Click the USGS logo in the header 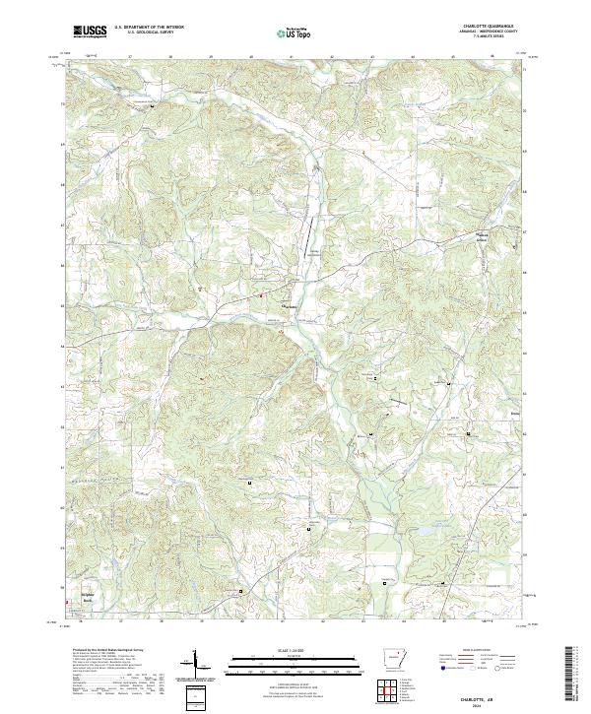[89, 31]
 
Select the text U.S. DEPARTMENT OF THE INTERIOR [149, 28]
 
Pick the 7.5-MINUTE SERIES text [493, 38]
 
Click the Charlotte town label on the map [290, 305]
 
